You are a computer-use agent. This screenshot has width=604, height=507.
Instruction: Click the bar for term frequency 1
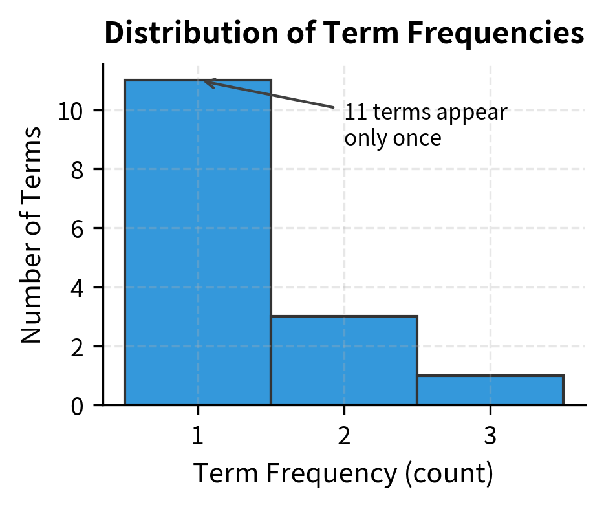(x=197, y=243)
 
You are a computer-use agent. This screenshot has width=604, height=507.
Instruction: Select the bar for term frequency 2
(x=343, y=360)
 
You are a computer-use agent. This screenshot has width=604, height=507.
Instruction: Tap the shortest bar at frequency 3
(x=490, y=390)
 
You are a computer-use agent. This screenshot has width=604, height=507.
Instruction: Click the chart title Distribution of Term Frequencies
(x=344, y=34)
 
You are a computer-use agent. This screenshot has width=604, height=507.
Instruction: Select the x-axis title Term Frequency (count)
(x=343, y=474)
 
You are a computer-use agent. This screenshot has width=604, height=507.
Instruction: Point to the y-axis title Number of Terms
(x=31, y=234)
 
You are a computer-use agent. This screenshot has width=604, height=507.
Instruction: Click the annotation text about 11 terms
(x=425, y=125)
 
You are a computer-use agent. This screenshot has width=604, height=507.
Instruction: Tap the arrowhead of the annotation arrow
(x=205, y=81)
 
